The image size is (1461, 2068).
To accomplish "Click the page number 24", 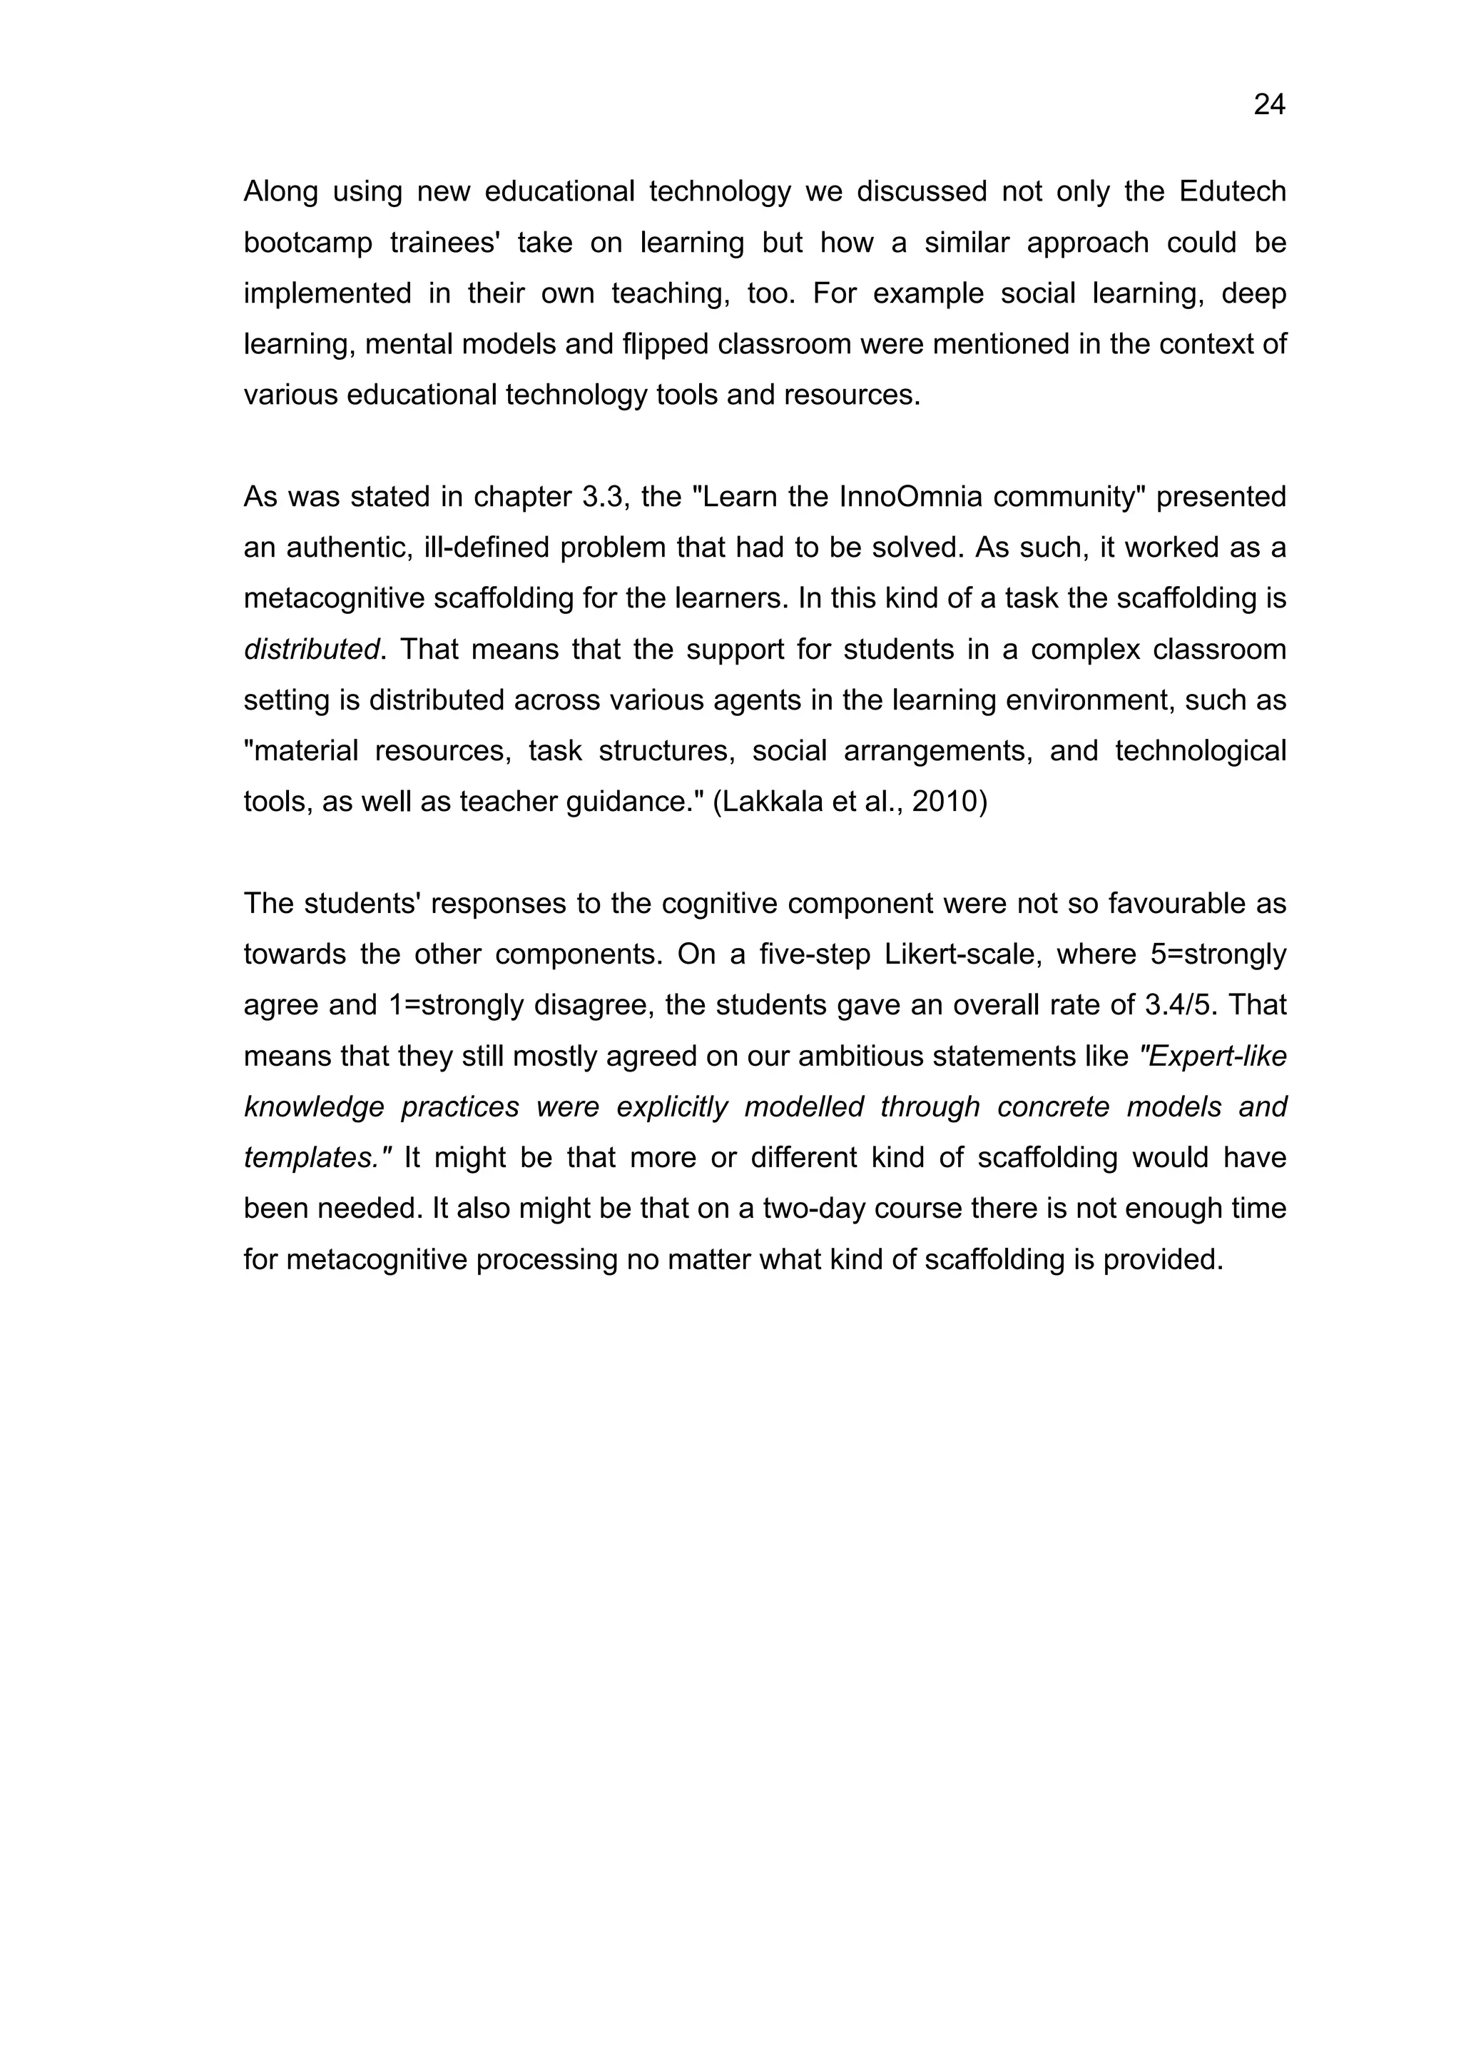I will (1268, 106).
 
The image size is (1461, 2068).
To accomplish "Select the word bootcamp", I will (307, 243).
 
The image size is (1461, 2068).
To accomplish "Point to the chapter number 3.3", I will (602, 496).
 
